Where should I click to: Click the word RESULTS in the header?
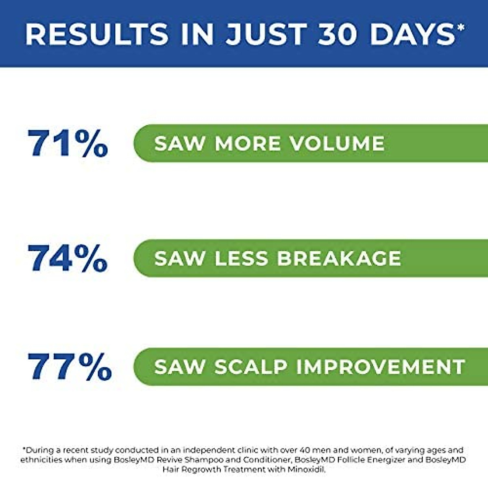pos(97,34)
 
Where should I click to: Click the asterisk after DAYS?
pos(461,27)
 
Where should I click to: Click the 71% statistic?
pos(68,143)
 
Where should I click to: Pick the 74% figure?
pos(68,258)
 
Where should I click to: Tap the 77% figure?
pos(70,367)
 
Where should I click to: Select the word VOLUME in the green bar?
pos(337,143)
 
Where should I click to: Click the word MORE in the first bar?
pos(248,143)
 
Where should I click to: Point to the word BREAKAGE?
pos(339,258)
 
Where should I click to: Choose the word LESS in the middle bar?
pos(241,258)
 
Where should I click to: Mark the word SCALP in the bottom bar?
pos(251,367)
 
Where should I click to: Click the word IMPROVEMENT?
pos(381,367)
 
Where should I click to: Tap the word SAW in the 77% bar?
pos(180,367)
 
